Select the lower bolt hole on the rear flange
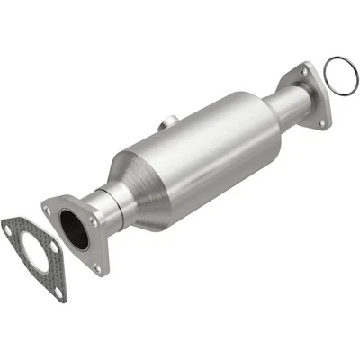[322, 120]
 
